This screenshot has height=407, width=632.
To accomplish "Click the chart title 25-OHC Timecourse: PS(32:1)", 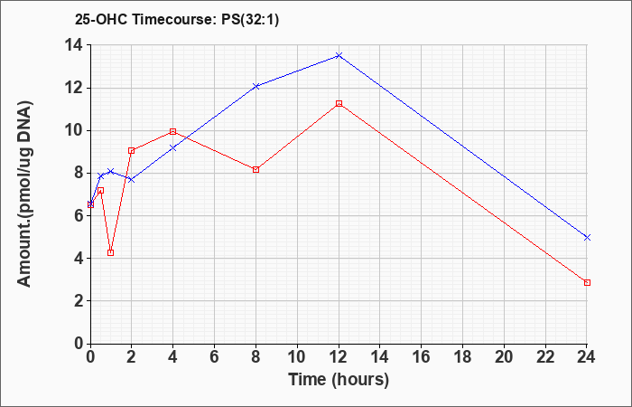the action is (177, 20).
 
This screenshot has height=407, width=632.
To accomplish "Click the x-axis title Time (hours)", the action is (339, 380).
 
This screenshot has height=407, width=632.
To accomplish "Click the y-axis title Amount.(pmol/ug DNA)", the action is (24, 194).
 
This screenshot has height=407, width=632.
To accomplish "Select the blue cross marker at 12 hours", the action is (339, 56).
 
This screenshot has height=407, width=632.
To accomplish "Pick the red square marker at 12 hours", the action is (339, 104).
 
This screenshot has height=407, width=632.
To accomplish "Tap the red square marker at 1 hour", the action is (111, 252).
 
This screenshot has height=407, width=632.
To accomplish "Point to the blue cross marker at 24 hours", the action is (587, 237).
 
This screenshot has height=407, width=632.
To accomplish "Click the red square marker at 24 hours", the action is (587, 282).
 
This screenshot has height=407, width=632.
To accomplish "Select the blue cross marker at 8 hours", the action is (256, 86).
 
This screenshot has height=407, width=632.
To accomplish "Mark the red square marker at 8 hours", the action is (256, 170).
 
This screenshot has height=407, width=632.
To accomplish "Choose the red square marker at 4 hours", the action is (173, 132).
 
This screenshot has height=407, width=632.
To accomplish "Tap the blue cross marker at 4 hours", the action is (173, 148).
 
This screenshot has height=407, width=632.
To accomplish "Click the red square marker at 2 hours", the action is (132, 151).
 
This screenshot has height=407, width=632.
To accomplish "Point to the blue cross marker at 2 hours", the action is (132, 179).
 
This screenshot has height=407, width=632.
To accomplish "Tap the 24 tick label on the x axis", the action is (587, 357).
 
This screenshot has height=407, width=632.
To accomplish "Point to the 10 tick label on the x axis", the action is (297, 357).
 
